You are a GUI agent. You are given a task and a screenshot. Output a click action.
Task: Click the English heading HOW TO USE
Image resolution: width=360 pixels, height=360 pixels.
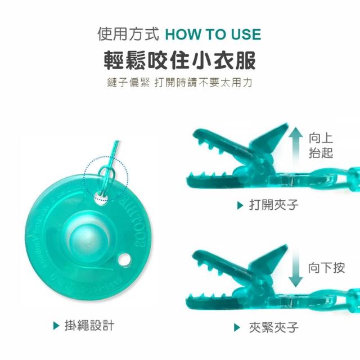tap(213, 34)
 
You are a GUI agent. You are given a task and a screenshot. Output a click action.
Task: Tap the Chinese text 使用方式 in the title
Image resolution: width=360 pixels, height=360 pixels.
tap(128, 34)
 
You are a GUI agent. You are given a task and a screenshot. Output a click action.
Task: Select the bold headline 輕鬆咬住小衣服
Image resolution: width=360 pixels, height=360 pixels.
tap(180, 60)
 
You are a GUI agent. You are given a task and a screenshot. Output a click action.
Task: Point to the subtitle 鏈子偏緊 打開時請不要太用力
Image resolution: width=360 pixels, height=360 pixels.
tap(179, 83)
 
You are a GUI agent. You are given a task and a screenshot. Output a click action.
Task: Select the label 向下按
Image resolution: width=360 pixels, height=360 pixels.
tap(326, 268)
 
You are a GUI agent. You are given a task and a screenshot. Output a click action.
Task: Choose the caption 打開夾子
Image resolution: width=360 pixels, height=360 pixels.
tap(274, 205)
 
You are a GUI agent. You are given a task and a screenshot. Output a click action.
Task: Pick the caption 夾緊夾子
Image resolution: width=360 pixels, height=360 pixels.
tap(274, 327)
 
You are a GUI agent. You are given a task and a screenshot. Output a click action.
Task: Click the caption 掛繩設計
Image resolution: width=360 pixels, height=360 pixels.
tap(89, 325)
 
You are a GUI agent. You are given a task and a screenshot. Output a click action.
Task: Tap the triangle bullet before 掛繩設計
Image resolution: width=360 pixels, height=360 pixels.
tap(56, 326)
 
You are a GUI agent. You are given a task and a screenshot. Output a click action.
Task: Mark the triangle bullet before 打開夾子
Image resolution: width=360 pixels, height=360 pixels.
tap(240, 205)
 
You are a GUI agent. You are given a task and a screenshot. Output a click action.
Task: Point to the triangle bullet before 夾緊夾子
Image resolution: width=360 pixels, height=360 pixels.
tap(237, 327)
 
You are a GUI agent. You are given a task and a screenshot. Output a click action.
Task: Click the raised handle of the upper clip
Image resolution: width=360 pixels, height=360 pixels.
tap(270, 138)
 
